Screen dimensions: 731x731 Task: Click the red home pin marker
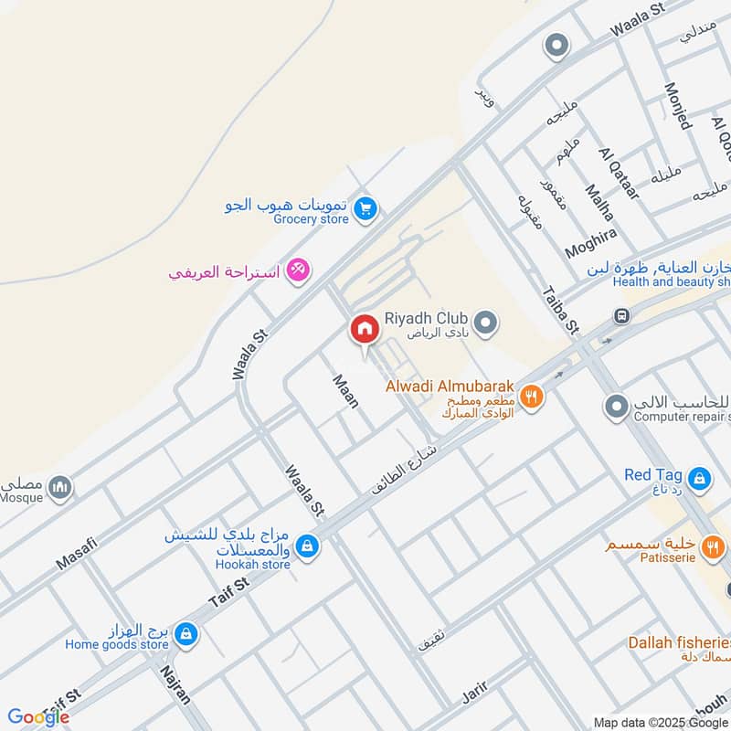pos(364,328)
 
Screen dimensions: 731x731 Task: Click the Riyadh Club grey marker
pos(487,323)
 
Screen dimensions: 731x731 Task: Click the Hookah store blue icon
pos(309,546)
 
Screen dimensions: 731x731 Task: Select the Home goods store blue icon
pos(186,632)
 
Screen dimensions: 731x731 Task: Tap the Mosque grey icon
pos(60,488)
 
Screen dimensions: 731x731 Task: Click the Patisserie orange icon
pos(713,546)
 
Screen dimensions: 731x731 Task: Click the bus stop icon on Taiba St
pos(621,316)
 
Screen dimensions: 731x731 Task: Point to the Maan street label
pos(344,390)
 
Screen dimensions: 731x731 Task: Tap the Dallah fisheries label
pos(678,642)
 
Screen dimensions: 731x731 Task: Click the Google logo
pos(38,717)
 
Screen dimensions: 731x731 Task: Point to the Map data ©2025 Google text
pos(661,722)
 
